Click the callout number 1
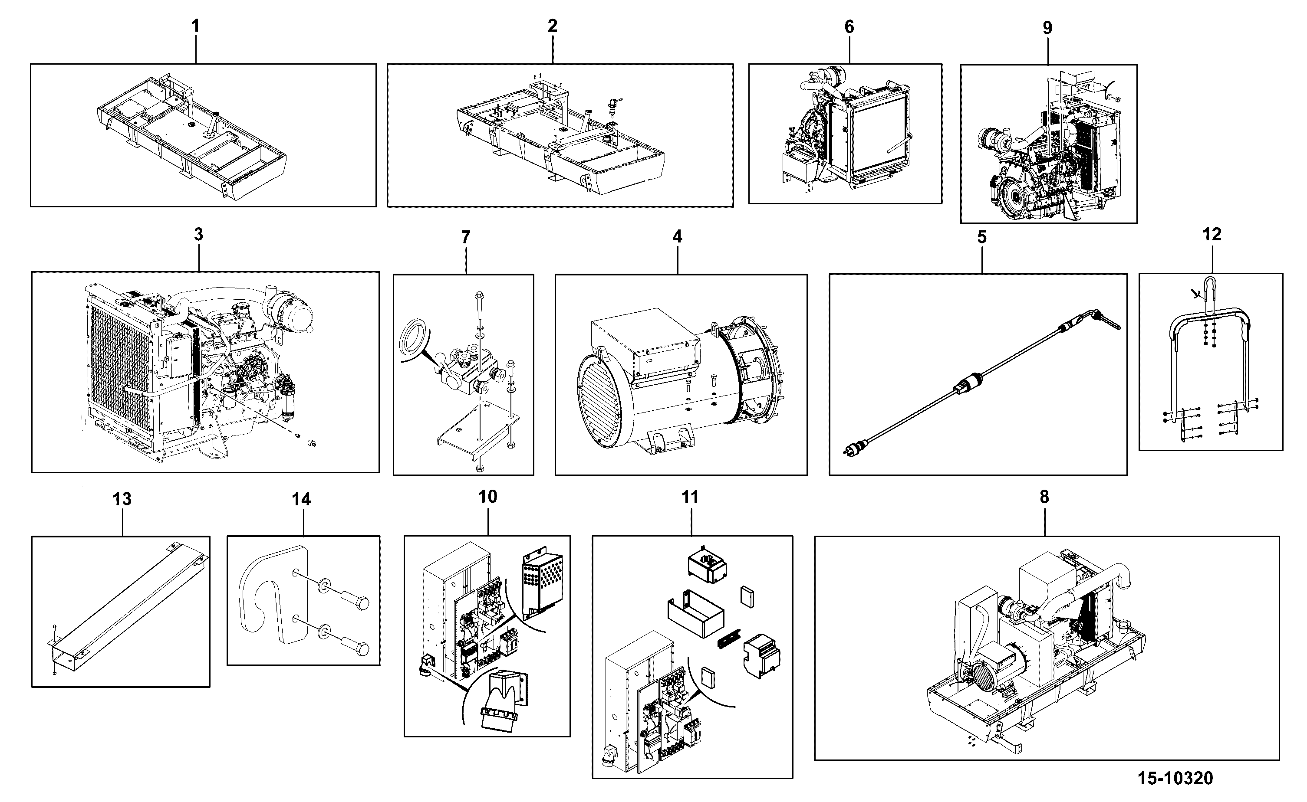click(x=195, y=26)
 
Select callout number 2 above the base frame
click(x=553, y=26)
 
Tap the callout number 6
click(x=849, y=27)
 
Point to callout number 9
click(x=1047, y=28)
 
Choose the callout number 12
click(x=1212, y=234)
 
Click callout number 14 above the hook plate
click(x=301, y=499)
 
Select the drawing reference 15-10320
click(x=1175, y=778)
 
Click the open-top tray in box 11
click(x=695, y=614)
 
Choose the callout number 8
click(x=1044, y=497)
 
